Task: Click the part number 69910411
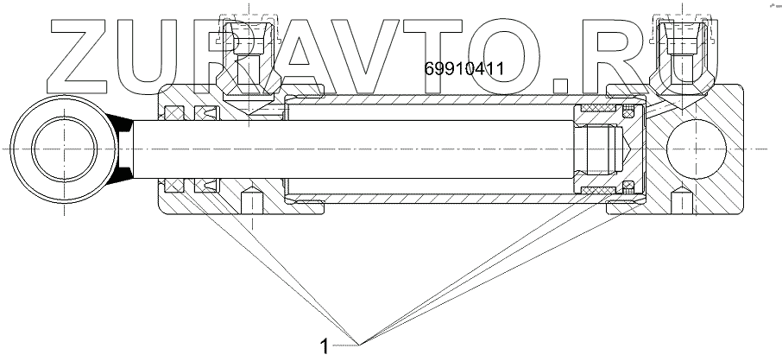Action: coord(464,67)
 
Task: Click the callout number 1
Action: coord(325,347)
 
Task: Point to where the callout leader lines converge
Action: coord(362,343)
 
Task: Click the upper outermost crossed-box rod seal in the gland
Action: coord(173,113)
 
